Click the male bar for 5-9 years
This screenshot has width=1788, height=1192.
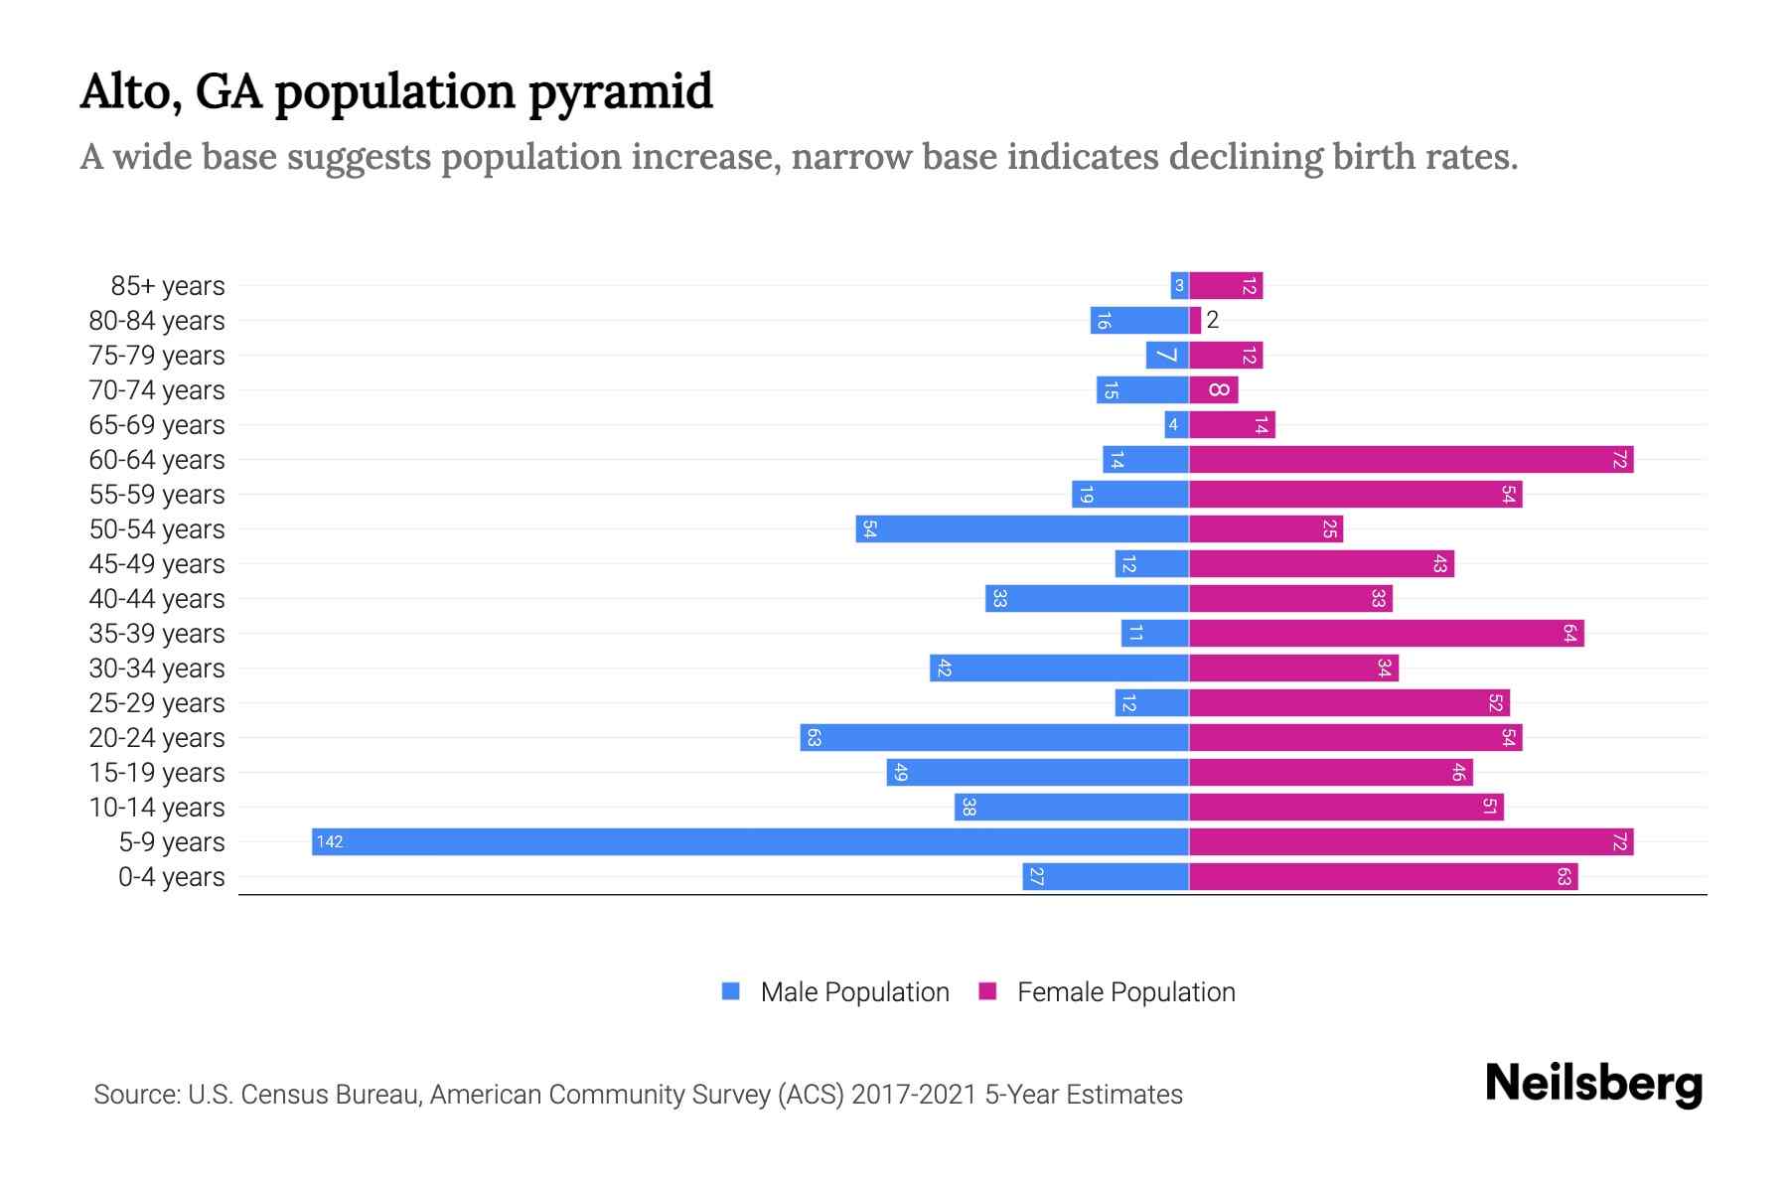[x=750, y=842]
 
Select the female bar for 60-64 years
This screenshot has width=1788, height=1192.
[x=1411, y=460]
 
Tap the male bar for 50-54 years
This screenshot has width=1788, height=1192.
[x=1022, y=529]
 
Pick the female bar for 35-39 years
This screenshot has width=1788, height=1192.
[x=1386, y=634]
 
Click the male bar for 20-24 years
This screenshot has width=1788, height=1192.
[x=994, y=738]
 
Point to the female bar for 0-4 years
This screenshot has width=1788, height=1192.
[x=1383, y=877]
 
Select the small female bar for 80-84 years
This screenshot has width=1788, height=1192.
[x=1195, y=321]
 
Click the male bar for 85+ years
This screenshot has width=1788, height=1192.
[x=1179, y=286]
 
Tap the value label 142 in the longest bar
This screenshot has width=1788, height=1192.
[x=329, y=842]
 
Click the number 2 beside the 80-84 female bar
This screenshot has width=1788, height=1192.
[x=1212, y=321]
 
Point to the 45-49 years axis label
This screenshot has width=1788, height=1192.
[x=157, y=564]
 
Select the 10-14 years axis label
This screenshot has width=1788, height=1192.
[x=157, y=808]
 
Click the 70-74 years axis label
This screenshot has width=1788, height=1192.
[x=157, y=390]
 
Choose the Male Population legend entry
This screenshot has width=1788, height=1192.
[x=854, y=992]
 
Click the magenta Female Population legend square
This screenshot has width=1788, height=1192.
[x=987, y=991]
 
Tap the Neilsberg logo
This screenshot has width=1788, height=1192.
[x=1593, y=1084]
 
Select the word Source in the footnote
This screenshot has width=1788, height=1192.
[x=136, y=1095]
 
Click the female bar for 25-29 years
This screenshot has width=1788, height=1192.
[x=1349, y=703]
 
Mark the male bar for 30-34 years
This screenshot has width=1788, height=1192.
[x=1059, y=669]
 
